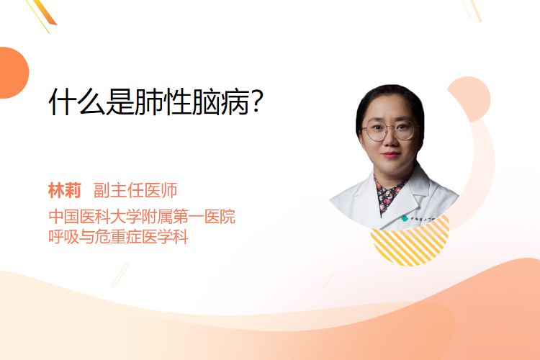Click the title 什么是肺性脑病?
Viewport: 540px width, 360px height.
156,102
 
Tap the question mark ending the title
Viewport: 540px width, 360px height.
257,102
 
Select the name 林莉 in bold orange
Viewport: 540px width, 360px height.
64,191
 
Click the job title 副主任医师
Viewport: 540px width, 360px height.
135,191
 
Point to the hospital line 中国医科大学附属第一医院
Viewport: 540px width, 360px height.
142,216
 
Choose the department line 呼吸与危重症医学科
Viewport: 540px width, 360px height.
119,237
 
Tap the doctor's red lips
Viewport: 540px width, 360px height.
391,154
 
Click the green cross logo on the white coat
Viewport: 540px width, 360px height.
405,218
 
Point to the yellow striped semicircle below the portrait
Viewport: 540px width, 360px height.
410,242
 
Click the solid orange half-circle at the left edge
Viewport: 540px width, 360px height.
13,73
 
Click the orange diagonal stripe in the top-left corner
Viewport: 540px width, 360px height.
44,12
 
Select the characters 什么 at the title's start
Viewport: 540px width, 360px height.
77,102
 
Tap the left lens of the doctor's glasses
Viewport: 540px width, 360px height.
374,131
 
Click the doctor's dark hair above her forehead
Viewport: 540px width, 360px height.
388,94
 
